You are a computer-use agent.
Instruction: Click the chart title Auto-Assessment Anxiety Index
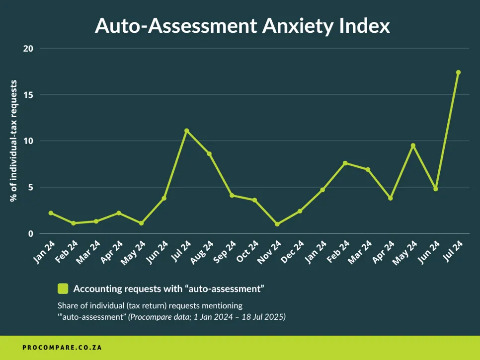[x=242, y=26]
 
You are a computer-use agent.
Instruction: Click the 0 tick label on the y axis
[x=30, y=234]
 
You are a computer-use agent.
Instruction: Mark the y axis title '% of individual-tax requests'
[x=14, y=141]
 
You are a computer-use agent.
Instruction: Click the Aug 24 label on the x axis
[x=204, y=251]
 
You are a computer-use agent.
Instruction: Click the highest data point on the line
[x=458, y=72]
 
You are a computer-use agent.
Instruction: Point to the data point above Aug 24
[x=209, y=154]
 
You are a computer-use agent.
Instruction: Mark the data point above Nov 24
[x=277, y=224]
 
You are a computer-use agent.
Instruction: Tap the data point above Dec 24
[x=300, y=211]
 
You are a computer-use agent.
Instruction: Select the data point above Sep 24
[x=232, y=196]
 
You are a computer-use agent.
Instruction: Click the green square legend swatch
[x=63, y=288]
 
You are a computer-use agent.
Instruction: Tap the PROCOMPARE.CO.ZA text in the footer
[x=62, y=348]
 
